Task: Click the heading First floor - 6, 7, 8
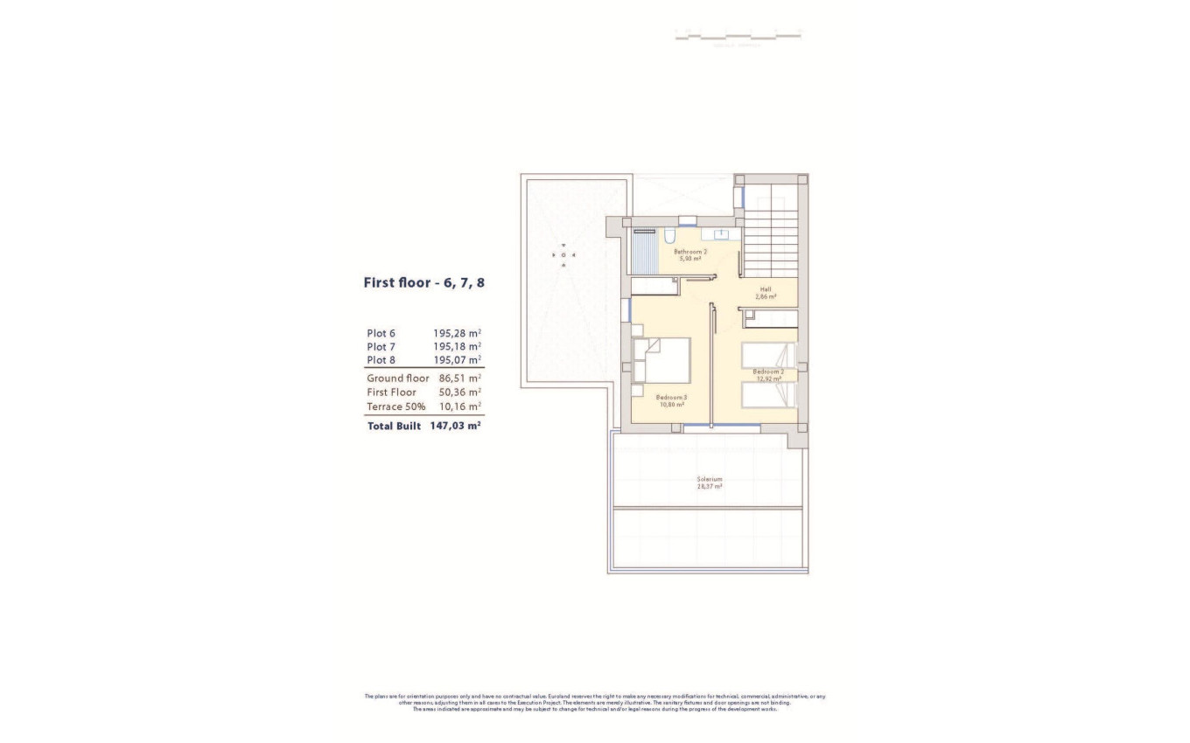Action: (423, 282)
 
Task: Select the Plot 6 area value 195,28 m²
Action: (458, 333)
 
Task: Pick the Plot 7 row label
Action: (381, 346)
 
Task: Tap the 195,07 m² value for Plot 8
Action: (458, 360)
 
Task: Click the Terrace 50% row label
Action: (396, 406)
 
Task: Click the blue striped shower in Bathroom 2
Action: (643, 253)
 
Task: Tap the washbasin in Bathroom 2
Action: (722, 234)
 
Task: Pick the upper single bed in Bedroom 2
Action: (769, 355)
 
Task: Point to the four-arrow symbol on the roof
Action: (563, 254)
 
